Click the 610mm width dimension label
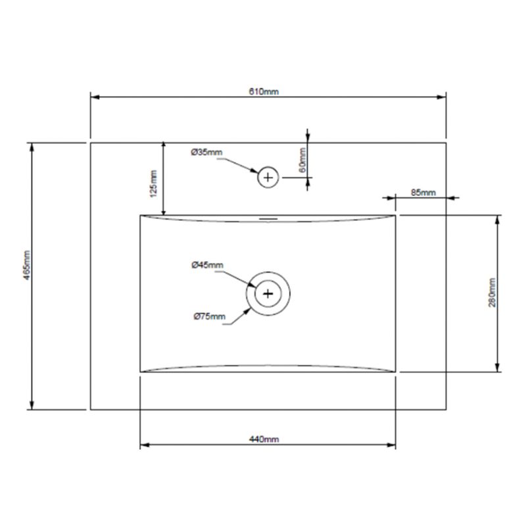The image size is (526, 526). point(264,91)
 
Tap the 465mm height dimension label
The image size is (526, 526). point(27,265)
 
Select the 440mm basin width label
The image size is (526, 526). point(264,439)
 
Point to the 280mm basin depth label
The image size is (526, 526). point(492,293)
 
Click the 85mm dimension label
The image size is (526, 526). point(423,193)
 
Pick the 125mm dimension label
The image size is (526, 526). point(153,184)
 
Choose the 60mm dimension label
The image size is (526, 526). point(302,160)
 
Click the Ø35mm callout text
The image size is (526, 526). point(206,153)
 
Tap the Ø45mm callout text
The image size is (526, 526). point(207,265)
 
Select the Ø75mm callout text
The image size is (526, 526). point(209,316)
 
